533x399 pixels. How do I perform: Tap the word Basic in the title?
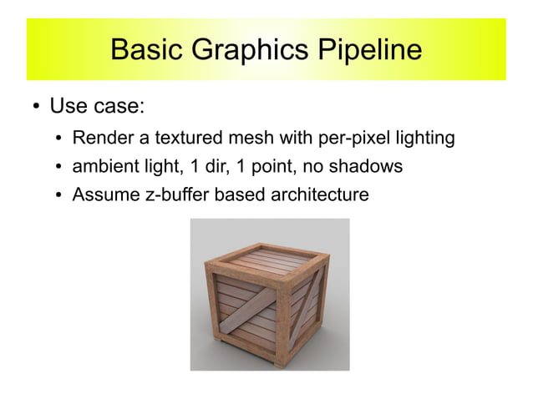pos(145,49)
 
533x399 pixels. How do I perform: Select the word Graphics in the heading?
pos(241,49)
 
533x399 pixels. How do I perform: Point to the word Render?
pos(99,138)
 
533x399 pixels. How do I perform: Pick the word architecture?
pos(322,194)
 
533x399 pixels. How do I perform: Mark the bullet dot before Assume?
pos(60,195)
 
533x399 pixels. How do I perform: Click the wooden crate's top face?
pos(269,260)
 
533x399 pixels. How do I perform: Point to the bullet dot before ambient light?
pos(60,167)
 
